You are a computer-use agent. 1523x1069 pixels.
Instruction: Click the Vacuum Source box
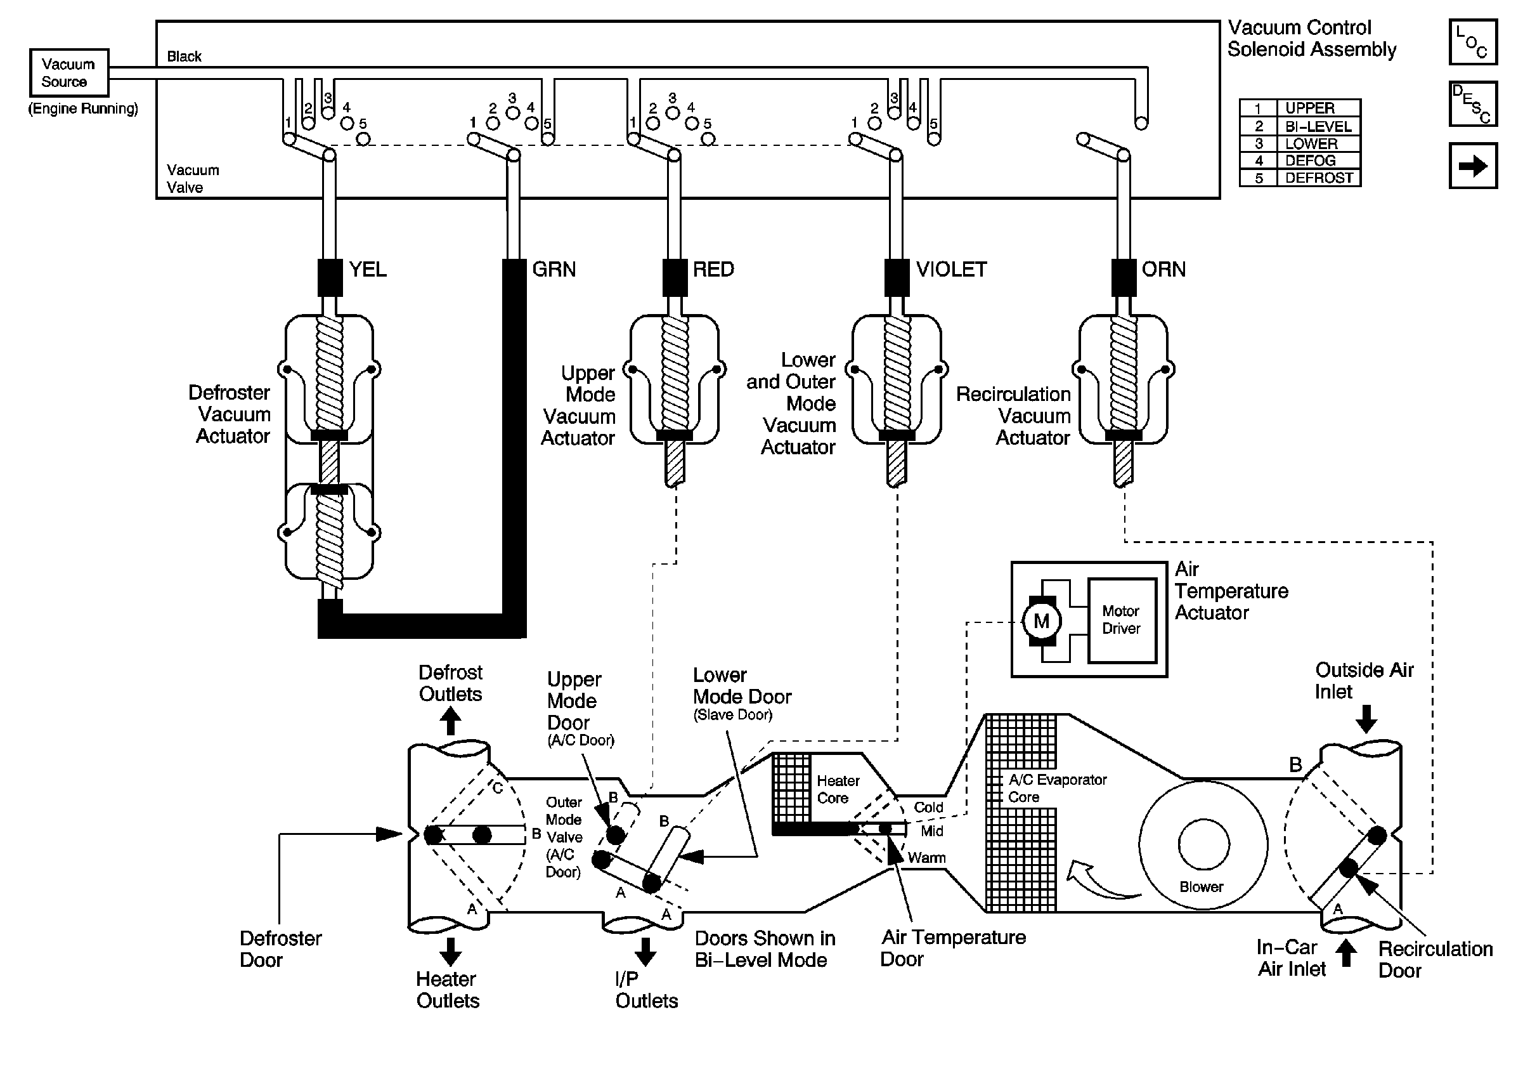(69, 73)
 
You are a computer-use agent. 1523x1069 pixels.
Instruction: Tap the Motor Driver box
(1121, 620)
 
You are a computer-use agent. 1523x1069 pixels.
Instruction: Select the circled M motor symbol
(1041, 621)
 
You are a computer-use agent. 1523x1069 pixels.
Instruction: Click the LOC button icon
(1472, 43)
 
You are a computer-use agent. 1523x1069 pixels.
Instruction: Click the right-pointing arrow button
(1472, 166)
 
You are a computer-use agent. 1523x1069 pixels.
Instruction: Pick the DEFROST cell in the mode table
(1319, 178)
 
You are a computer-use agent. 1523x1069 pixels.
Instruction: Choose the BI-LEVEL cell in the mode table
(1319, 126)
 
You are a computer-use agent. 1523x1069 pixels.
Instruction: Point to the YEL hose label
(368, 270)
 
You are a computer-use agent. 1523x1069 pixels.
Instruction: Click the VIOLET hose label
(951, 270)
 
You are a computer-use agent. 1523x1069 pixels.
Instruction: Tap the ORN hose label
(1163, 270)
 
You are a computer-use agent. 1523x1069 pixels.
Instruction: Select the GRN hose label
(554, 270)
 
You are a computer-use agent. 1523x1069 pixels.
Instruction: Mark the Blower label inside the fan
(1202, 886)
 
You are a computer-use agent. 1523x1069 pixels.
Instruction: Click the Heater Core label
(838, 790)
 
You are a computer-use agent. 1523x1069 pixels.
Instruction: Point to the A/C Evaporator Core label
(1058, 789)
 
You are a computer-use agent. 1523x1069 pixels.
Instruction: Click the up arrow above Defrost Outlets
(450, 721)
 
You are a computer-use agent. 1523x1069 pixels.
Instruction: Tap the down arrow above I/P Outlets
(645, 952)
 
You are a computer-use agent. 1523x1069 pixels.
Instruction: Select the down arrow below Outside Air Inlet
(1366, 718)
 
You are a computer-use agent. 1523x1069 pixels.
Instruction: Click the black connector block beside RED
(675, 277)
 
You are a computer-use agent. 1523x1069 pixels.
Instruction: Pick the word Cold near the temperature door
(928, 808)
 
